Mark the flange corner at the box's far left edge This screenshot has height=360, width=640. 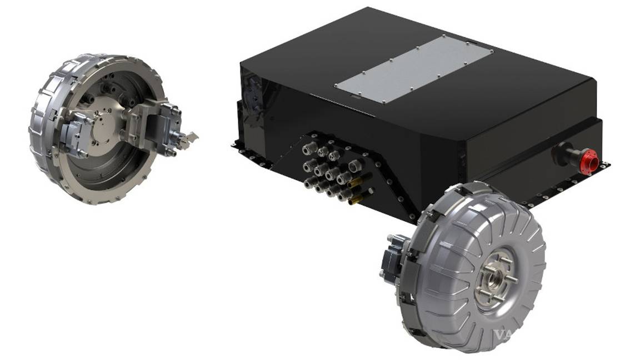(x=235, y=145)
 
